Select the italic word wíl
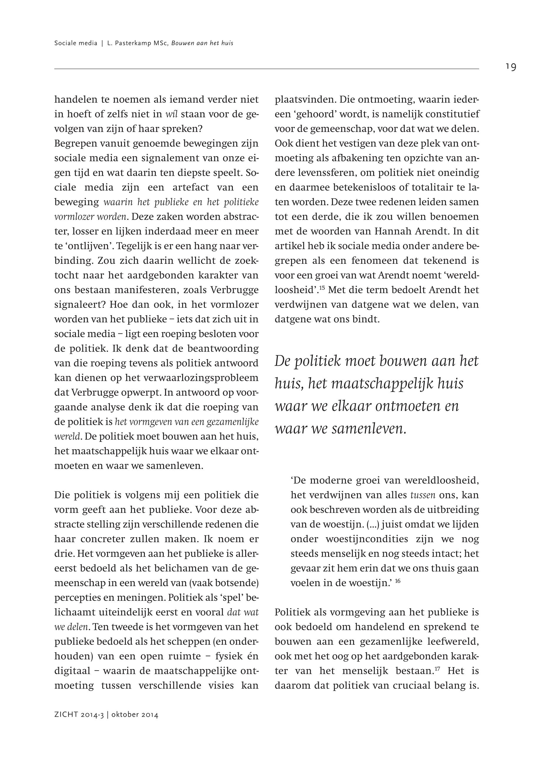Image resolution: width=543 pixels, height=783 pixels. pyautogui.click(x=172, y=114)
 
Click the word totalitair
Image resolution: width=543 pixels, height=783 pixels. pyautogui.click(x=440, y=188)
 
